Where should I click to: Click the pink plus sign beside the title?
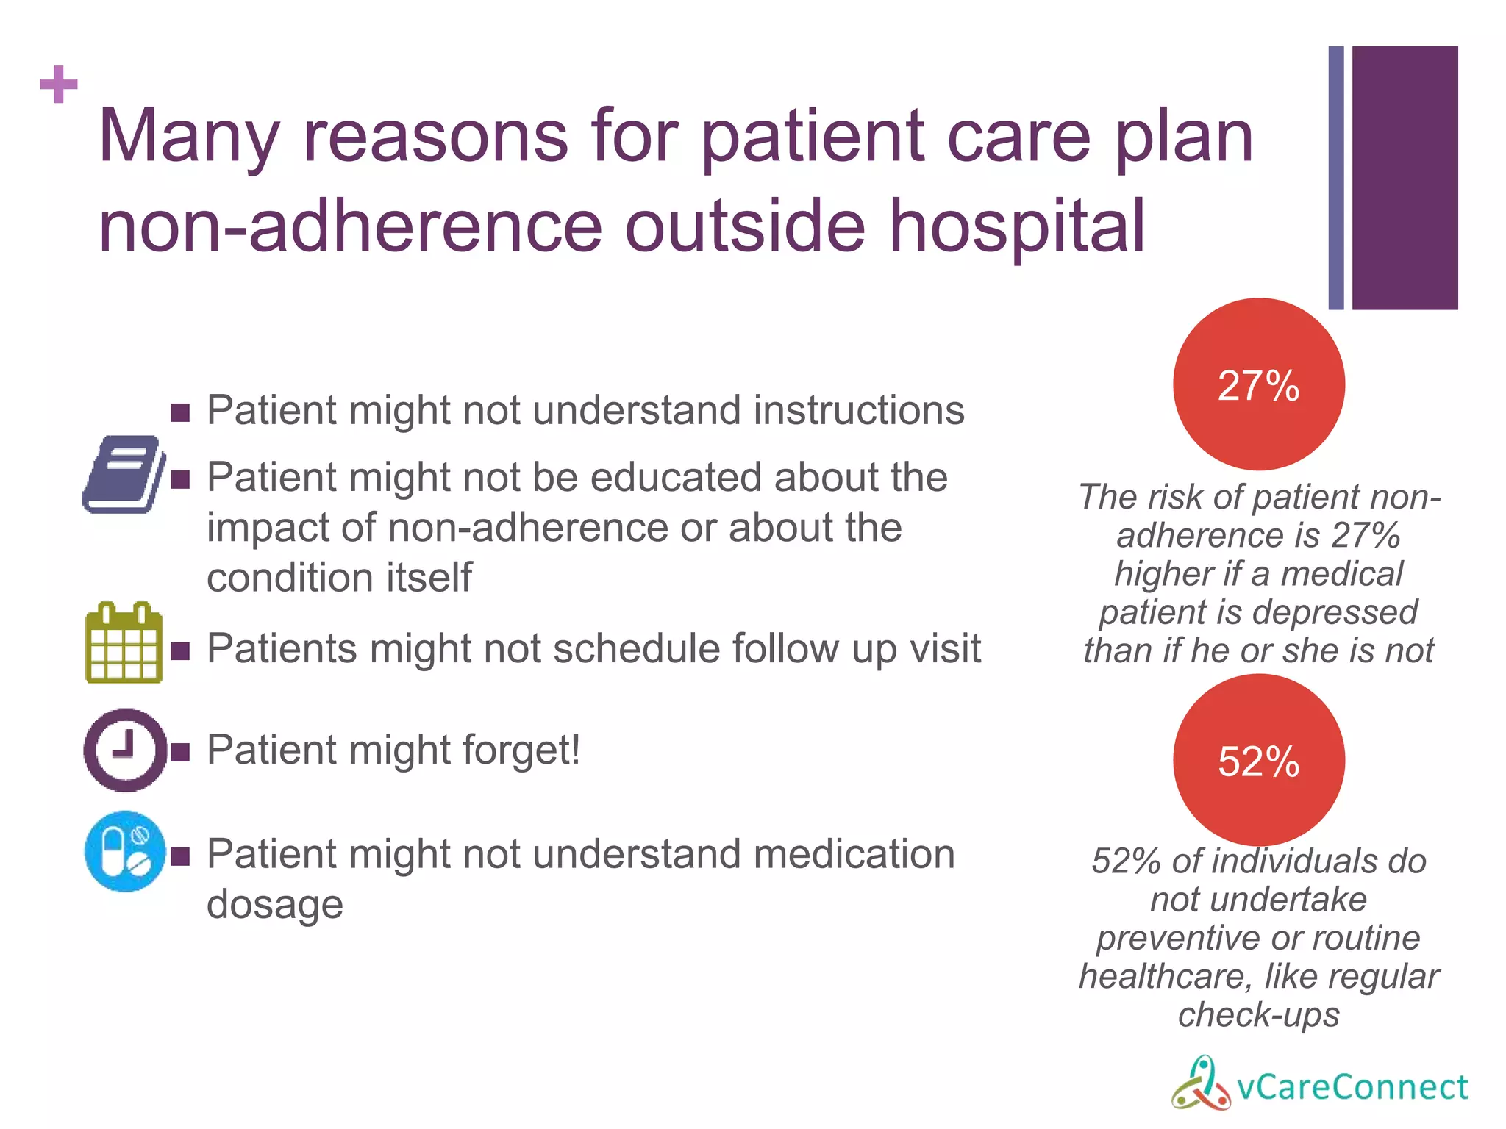pos(59,85)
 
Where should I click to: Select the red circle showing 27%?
pos(1258,384)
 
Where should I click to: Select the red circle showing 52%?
pos(1258,760)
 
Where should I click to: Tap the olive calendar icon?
pos(124,644)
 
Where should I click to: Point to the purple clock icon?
pos(125,750)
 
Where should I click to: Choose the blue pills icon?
pos(125,852)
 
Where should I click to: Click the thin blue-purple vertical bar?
pos(1335,178)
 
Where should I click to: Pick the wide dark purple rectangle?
pos(1405,178)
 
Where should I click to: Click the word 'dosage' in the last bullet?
pos(275,905)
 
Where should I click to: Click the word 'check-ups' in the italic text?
pos(1258,1015)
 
